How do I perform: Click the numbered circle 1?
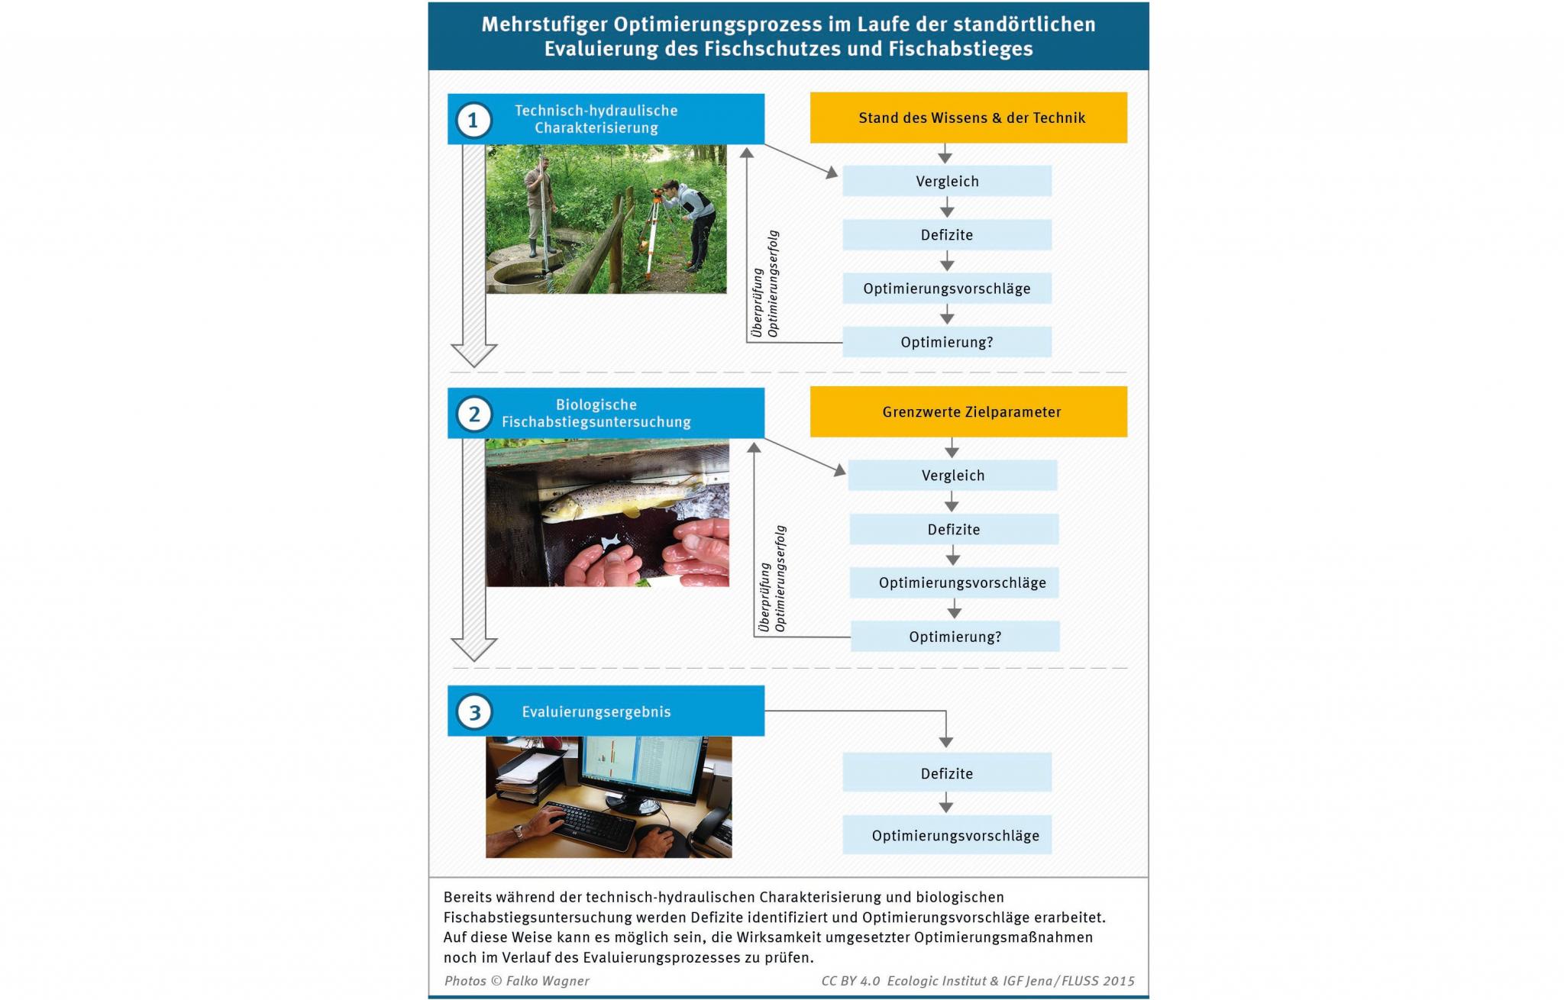pos(473,121)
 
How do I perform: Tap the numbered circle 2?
pos(473,415)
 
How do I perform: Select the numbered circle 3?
pos(473,712)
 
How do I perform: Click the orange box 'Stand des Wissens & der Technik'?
pos(968,118)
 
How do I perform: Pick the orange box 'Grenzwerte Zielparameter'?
pos(968,411)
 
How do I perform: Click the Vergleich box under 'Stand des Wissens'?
pos(947,181)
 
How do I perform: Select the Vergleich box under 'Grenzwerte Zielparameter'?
pos(953,475)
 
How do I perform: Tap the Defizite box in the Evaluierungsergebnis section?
pos(947,773)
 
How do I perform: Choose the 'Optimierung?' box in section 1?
pos(947,342)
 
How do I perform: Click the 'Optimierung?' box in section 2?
pos(955,636)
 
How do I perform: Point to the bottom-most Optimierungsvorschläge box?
pos(947,835)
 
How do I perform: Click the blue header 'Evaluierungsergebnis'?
pos(606,711)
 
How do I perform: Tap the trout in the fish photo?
pos(619,498)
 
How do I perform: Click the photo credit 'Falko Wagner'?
pos(548,981)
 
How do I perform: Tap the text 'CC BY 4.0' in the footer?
pos(851,981)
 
